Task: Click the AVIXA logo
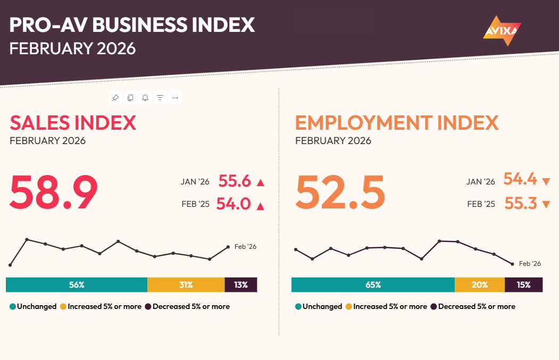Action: (502, 30)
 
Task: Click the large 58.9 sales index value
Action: (54, 193)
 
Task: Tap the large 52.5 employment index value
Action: (340, 193)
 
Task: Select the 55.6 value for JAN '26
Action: (235, 181)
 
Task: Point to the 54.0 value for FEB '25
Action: (233, 204)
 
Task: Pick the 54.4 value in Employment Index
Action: (520, 180)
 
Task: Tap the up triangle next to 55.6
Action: (260, 183)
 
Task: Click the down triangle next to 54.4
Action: (546, 182)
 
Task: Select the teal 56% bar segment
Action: (77, 285)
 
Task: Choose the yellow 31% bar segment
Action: (186, 285)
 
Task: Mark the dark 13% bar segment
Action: (241, 285)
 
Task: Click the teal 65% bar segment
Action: (373, 285)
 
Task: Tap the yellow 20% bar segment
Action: (479, 285)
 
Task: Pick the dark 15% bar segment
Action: (523, 285)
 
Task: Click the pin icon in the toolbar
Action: (115, 98)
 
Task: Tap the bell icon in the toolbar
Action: (145, 98)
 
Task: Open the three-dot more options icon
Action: (175, 98)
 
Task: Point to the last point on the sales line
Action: (228, 247)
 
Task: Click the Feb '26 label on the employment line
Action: (530, 264)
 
